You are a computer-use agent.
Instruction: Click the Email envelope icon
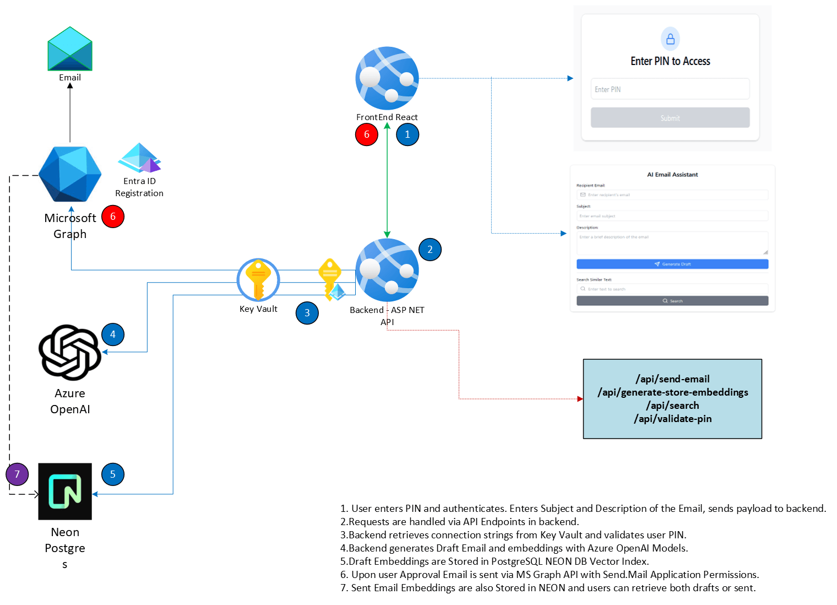coord(70,48)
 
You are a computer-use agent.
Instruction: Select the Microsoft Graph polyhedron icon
coord(70,174)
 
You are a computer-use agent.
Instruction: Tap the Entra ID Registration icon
coord(139,158)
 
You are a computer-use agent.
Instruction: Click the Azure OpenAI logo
coord(70,353)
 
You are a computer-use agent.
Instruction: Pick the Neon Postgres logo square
coord(65,491)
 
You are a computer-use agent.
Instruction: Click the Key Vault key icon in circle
coord(258,279)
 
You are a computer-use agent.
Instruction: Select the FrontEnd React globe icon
coord(387,78)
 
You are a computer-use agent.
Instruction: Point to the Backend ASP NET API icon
coord(387,270)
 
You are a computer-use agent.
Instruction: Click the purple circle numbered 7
coord(17,474)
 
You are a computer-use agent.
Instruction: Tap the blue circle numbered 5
coord(113,474)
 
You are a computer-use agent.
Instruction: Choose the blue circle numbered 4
coord(113,334)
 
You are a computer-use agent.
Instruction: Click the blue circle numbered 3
coord(307,313)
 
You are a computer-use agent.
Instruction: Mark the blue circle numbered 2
coord(430,250)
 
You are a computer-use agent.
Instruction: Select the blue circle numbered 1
coord(407,134)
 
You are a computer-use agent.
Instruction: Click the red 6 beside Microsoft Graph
coord(113,217)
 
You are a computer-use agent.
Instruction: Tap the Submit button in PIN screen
coord(670,118)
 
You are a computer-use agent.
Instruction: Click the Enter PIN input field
coord(670,89)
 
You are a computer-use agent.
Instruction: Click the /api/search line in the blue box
coord(673,406)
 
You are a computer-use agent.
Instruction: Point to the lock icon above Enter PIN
coord(670,39)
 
